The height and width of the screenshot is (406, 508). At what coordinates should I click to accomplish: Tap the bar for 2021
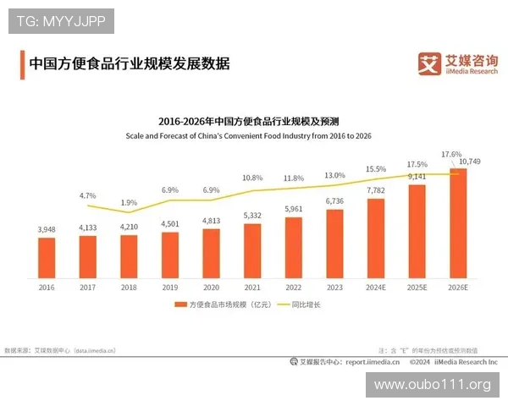252,251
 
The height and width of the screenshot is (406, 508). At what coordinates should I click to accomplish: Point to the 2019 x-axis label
169,288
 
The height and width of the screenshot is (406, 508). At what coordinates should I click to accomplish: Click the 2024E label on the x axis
375,288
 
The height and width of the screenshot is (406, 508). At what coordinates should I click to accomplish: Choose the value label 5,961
293,209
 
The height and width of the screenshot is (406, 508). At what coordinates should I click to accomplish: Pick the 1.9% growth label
129,203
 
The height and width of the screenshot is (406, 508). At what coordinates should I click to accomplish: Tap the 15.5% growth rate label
376,169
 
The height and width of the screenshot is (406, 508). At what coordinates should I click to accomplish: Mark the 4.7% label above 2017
88,195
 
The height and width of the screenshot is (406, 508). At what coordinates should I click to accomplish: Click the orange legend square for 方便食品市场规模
179,304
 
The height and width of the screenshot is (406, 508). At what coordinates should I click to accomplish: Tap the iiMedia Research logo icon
429,64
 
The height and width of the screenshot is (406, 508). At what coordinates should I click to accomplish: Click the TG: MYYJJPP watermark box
61,21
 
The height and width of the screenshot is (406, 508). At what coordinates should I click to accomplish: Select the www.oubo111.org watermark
433,385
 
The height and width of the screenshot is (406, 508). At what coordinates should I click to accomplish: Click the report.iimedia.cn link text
372,361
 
